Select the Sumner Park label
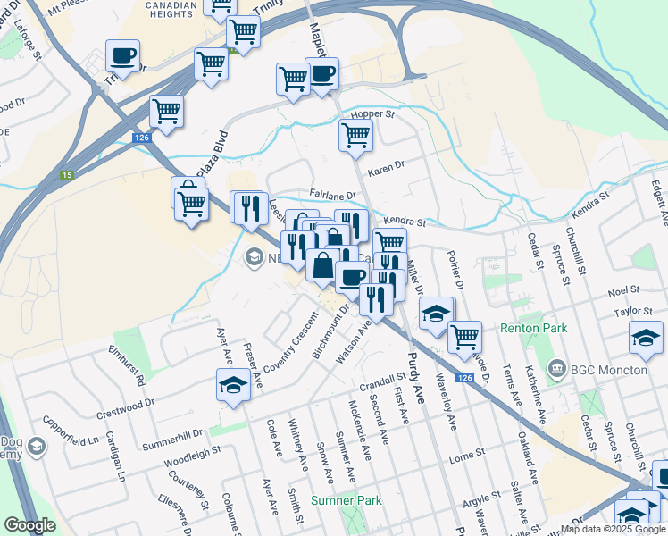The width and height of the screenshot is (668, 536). pyautogui.click(x=347, y=500)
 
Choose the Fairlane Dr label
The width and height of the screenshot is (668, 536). pyautogui.click(x=332, y=194)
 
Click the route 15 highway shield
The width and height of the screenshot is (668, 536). pyautogui.click(x=67, y=175)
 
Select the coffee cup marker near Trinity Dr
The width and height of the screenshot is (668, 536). pyautogui.click(x=122, y=56)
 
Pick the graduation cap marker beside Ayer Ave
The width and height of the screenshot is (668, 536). pyautogui.click(x=233, y=385)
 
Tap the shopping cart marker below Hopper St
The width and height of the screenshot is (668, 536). pyautogui.click(x=355, y=136)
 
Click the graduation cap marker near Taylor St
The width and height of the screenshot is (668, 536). pyautogui.click(x=646, y=337)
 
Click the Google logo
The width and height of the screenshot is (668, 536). pyautogui.click(x=29, y=526)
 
